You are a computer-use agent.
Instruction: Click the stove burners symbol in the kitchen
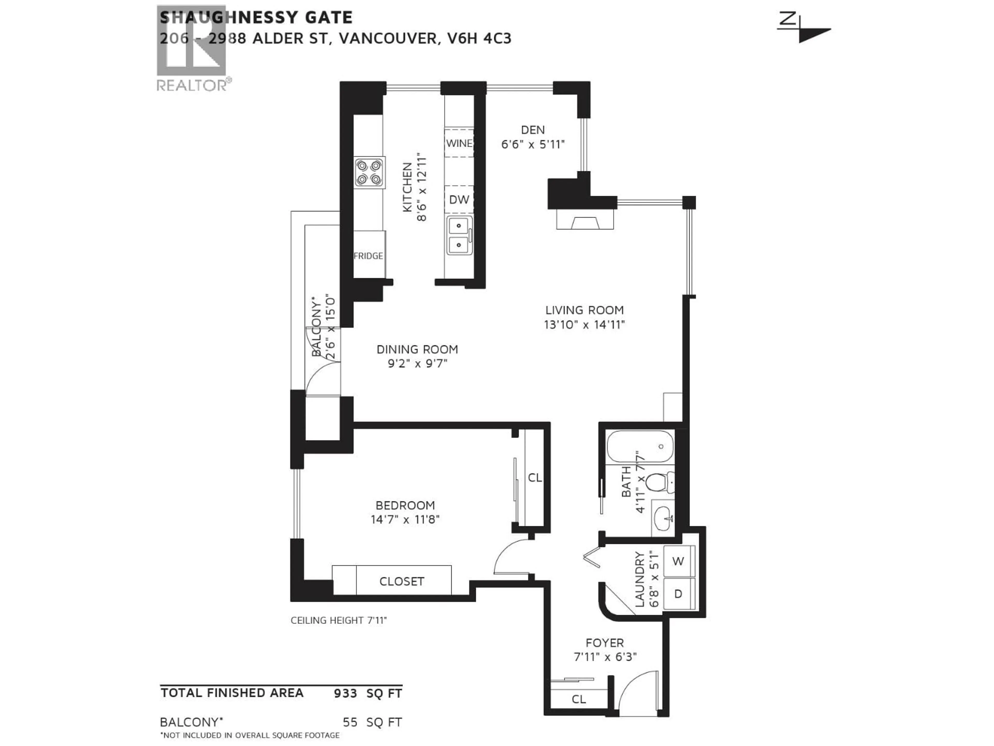(369, 172)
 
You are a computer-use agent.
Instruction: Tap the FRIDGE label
(368, 256)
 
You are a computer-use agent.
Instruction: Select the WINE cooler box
(459, 143)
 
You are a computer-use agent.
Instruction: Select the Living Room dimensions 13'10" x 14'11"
(584, 324)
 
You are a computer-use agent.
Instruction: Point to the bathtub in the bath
(640, 447)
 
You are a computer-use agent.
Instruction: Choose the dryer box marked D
(678, 594)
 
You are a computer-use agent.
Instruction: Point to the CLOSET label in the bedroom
(401, 582)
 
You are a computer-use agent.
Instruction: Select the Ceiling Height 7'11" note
(338, 621)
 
